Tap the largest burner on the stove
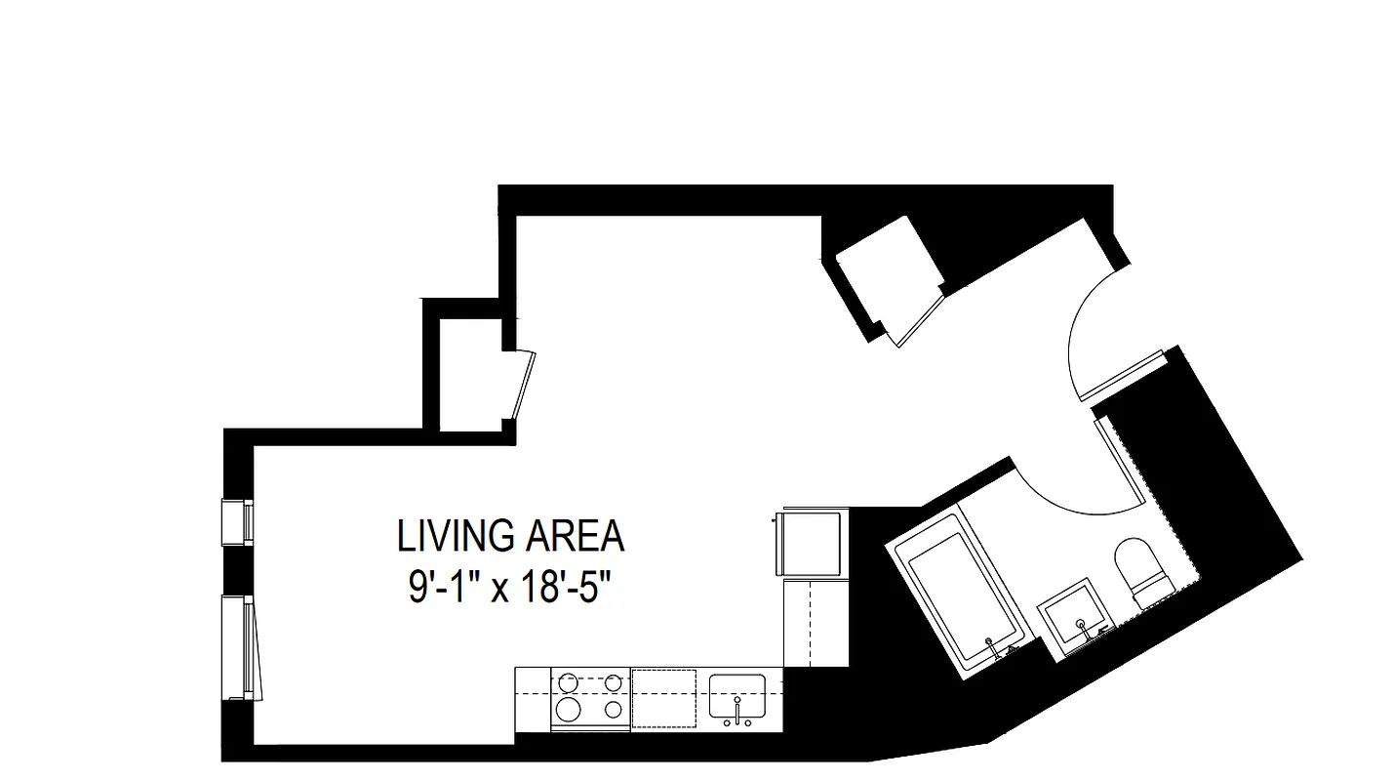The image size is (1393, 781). [568, 707]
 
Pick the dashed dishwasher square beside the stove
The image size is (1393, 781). [663, 698]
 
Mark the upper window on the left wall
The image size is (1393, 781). [239, 521]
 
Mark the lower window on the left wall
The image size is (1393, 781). [241, 646]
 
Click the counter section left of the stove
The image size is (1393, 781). [533, 698]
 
